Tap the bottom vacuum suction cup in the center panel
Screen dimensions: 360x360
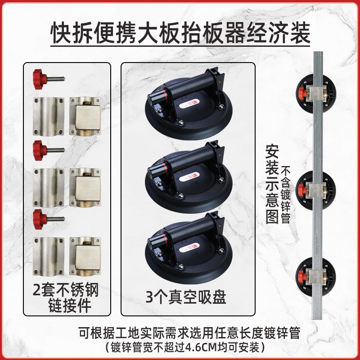188,243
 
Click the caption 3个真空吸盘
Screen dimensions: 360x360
188,297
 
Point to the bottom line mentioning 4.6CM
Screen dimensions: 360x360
180,347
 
